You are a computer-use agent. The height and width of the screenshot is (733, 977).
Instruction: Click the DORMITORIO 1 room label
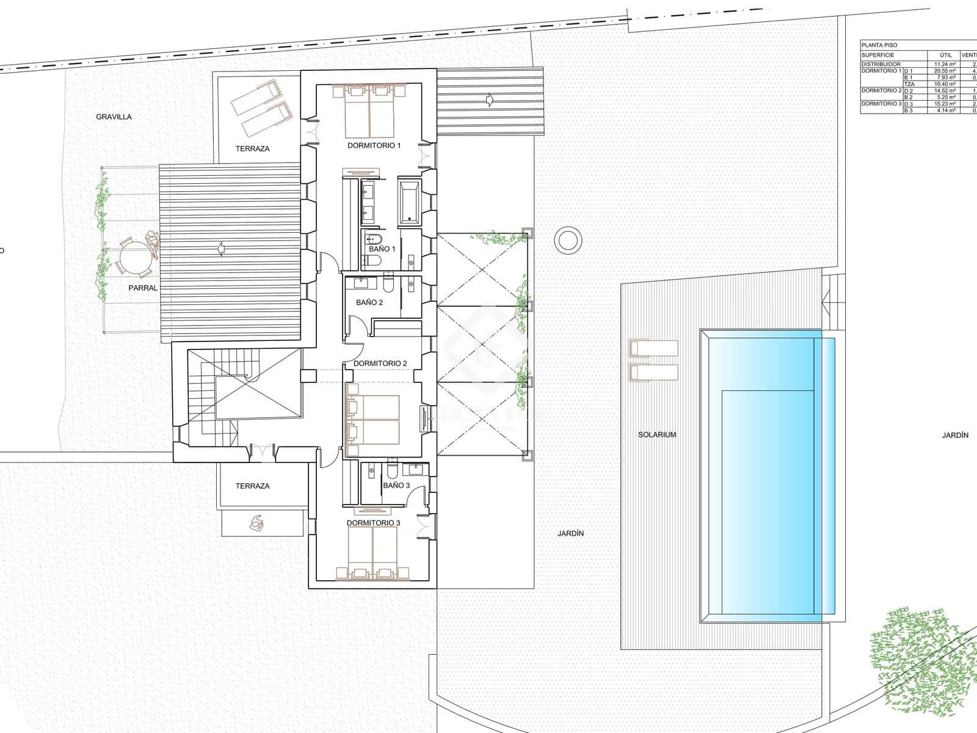point(374,145)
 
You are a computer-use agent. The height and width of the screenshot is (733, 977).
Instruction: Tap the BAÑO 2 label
point(369,302)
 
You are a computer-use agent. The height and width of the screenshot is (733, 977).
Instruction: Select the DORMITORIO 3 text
point(373,523)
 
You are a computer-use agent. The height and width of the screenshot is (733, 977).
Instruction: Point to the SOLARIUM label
point(657,435)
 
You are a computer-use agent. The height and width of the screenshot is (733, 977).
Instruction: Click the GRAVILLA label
point(114,117)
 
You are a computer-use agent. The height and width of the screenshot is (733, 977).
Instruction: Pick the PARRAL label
point(143,288)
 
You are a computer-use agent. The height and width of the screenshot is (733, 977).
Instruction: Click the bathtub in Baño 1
point(409,201)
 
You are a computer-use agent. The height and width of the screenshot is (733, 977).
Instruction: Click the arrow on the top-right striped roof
point(489,100)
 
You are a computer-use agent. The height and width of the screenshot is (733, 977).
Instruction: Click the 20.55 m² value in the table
point(945,71)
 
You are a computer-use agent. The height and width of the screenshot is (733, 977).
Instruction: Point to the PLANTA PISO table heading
point(880,45)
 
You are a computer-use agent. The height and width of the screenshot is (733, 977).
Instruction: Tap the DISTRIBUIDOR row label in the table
point(881,64)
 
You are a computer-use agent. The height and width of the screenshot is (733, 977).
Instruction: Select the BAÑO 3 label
point(396,485)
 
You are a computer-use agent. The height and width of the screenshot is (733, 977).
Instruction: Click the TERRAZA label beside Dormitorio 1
point(252,148)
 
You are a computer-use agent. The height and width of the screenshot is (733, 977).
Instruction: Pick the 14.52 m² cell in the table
point(945,90)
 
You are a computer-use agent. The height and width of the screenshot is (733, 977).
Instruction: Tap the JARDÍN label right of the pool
point(955,436)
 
